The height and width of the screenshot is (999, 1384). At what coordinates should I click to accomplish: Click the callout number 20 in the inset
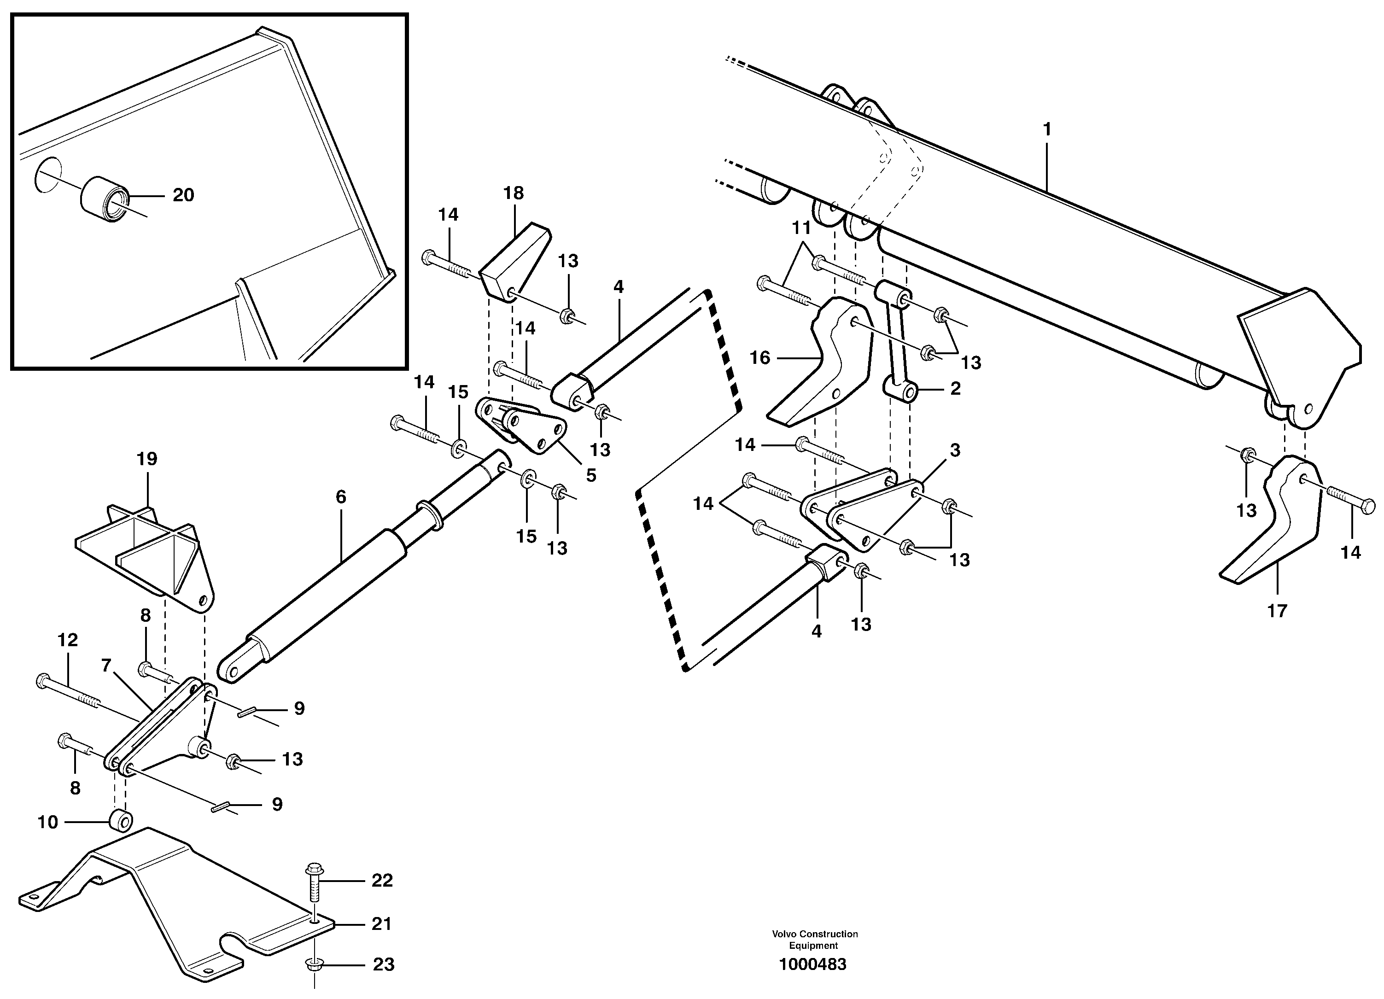(x=183, y=195)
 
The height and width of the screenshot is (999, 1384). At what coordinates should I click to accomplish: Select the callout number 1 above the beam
(x=1047, y=129)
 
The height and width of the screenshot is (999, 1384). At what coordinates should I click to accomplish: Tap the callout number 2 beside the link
(x=956, y=388)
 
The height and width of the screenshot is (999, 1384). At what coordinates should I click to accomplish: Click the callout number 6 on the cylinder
(x=340, y=497)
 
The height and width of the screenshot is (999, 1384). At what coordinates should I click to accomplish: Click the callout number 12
(x=68, y=640)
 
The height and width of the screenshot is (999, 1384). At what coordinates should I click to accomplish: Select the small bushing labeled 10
(x=120, y=821)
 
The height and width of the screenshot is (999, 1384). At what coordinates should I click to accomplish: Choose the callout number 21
(x=381, y=924)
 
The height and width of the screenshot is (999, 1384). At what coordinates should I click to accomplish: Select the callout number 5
(x=591, y=475)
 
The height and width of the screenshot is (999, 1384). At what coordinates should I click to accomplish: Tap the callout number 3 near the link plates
(x=955, y=450)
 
